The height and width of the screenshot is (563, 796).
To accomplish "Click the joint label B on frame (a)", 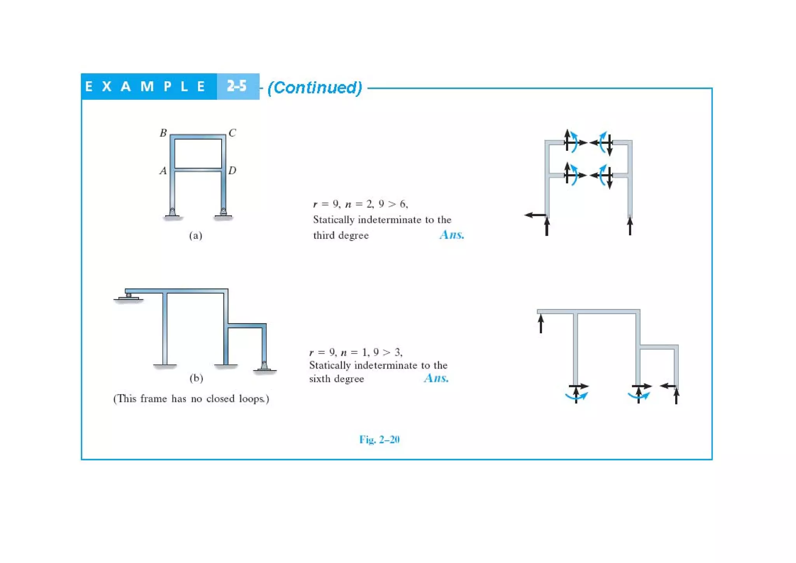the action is point(163,133).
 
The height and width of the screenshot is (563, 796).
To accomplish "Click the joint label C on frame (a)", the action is point(232,133).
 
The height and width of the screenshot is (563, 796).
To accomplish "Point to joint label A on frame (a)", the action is point(163,171).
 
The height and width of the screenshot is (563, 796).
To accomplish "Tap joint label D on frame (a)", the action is point(232,171).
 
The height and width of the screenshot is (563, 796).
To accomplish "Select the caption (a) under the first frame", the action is point(196,236).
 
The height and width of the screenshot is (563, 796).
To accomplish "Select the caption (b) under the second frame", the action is point(196,378).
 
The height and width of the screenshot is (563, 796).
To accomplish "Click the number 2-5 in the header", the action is point(237,86).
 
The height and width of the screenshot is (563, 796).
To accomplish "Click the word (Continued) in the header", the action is point(315,87).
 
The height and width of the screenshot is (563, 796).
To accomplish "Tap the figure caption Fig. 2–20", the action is point(379,440).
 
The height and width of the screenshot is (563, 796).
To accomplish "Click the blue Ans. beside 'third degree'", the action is point(452,235).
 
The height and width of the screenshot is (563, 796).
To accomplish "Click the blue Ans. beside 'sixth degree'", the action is point(436,378).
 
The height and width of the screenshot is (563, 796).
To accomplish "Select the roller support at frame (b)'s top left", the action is point(129,297).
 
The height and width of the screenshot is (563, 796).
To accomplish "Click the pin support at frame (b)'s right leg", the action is point(264,367).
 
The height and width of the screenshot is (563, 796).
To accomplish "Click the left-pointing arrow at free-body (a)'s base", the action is point(535,215).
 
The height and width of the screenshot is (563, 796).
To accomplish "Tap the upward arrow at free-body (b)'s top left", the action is point(541,323).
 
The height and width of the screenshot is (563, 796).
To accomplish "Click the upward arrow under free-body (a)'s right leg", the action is point(630,226).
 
